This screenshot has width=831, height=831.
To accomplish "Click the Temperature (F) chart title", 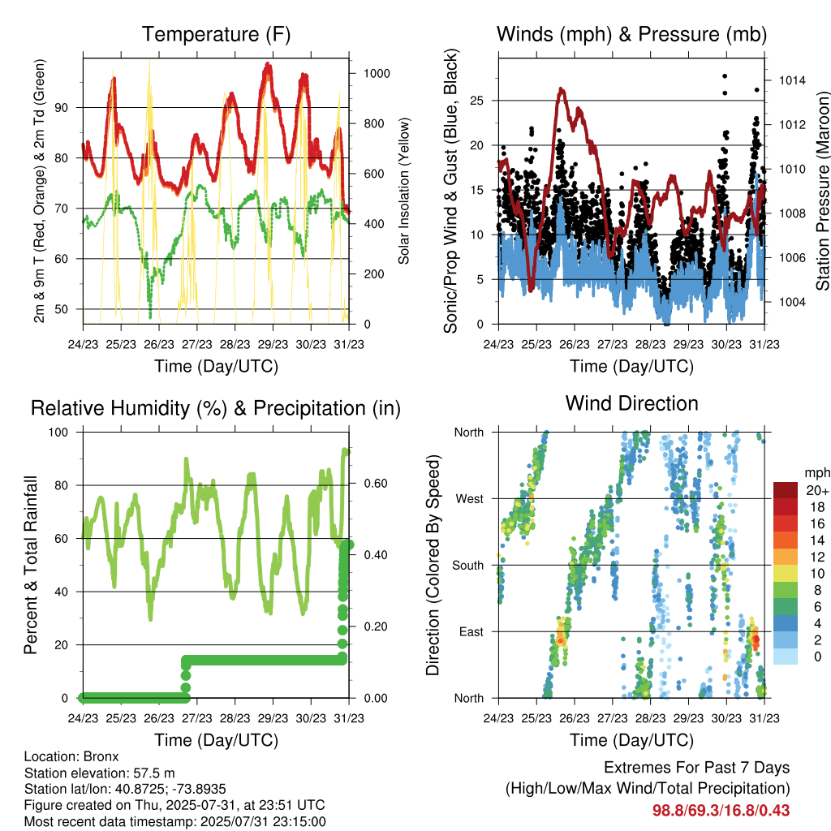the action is click(216, 34).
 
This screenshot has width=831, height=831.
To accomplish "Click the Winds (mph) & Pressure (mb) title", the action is click(631, 34).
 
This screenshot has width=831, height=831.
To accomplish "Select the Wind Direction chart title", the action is click(631, 403).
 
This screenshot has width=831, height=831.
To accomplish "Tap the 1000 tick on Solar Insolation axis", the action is click(377, 73).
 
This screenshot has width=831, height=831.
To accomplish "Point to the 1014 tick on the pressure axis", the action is click(792, 80).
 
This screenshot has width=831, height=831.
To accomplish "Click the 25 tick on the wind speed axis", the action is click(476, 101).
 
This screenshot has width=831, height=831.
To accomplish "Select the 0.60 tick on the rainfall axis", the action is click(376, 484).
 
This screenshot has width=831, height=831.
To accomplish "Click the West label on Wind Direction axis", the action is click(470, 499).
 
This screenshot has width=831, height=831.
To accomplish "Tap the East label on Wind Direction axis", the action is click(471, 631).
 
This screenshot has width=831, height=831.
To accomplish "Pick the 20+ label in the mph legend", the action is click(817, 490).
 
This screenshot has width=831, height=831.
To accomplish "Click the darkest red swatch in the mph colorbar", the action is click(786, 490).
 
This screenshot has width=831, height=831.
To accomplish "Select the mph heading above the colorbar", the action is click(817, 473).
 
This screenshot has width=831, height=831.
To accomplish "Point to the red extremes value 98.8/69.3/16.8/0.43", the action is click(721, 811).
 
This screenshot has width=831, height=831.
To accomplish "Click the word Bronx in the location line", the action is click(101, 756).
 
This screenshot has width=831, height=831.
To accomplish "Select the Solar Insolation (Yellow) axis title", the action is click(404, 191).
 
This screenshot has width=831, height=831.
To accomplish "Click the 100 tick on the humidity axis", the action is click(58, 432).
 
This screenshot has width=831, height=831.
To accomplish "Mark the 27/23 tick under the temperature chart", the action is click(196, 344).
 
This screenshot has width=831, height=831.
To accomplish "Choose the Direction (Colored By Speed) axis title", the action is click(433, 565).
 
